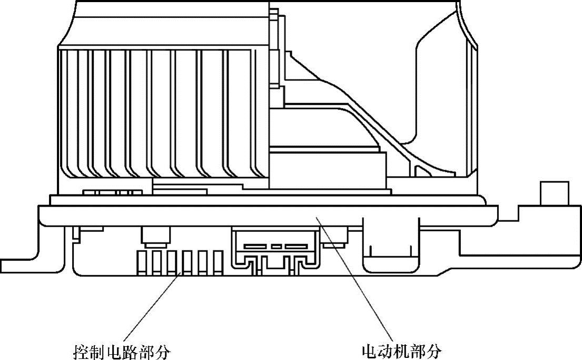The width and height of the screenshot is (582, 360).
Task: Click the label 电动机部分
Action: [401, 351]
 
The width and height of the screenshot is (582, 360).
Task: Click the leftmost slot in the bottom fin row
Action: [141, 262]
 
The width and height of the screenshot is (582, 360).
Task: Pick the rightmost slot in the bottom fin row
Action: [219, 262]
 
